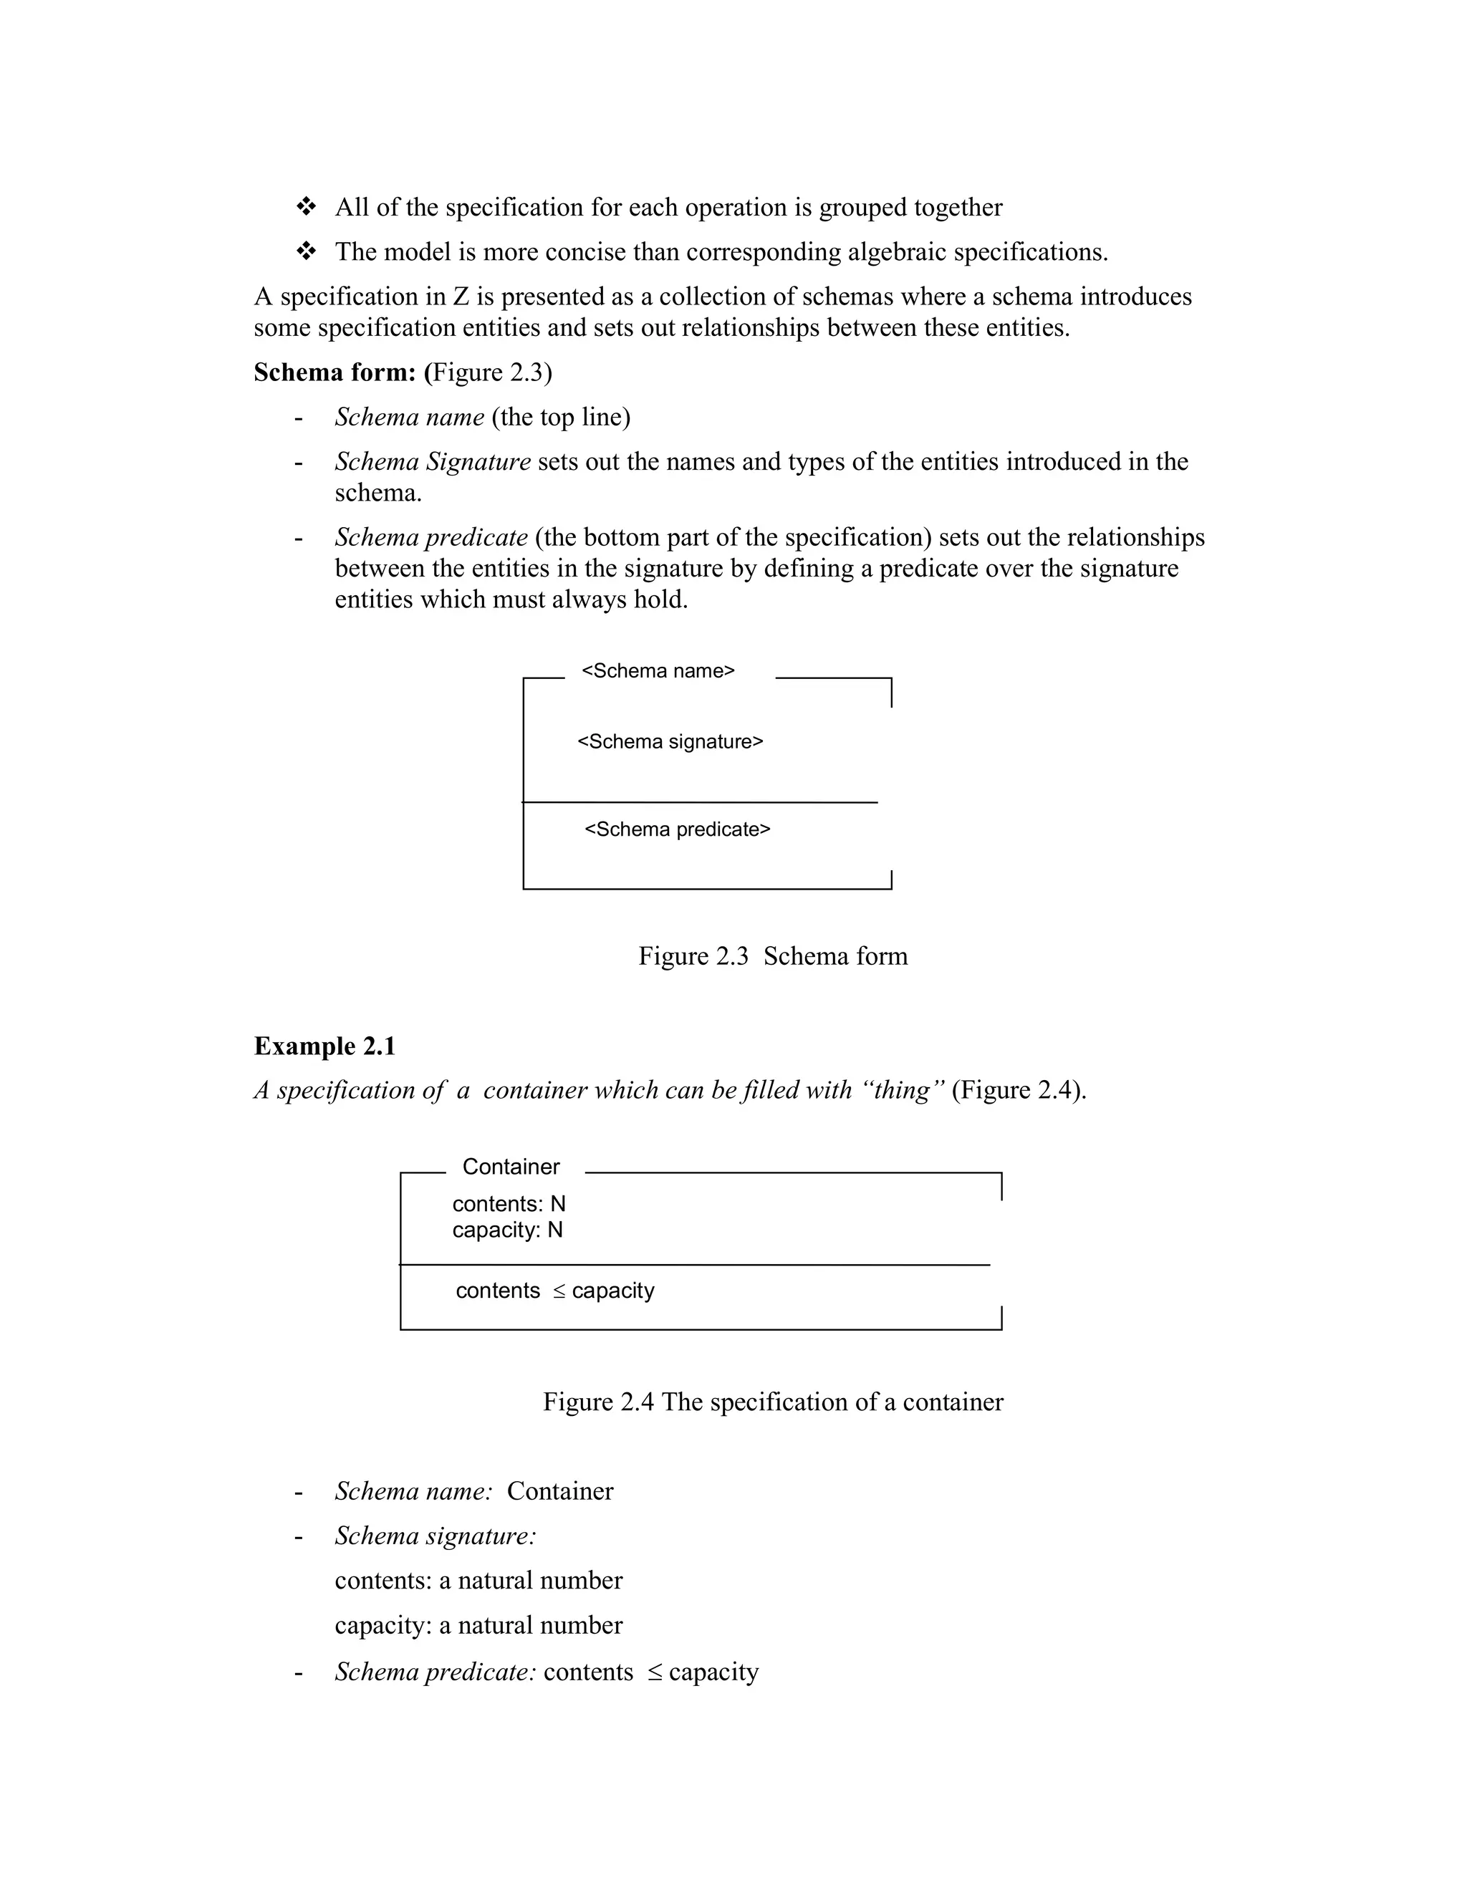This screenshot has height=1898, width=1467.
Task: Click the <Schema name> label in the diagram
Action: (658, 671)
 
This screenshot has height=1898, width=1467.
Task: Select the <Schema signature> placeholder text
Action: (670, 741)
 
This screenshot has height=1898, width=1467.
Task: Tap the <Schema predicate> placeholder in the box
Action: (677, 829)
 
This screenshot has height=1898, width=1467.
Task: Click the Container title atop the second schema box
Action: (511, 1166)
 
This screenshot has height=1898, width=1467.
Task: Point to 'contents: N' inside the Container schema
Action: (509, 1204)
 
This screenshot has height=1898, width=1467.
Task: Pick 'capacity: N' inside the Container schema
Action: (508, 1230)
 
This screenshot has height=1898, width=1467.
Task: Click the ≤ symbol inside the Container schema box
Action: (559, 1291)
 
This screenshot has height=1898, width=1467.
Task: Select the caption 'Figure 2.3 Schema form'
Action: (773, 956)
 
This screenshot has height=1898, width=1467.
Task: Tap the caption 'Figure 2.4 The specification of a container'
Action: (773, 1402)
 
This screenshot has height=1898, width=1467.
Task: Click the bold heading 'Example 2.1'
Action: (324, 1046)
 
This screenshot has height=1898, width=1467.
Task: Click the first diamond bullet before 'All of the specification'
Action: (306, 207)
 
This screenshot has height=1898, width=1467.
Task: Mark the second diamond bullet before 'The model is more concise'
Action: (306, 252)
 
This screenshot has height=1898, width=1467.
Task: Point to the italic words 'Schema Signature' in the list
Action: (433, 461)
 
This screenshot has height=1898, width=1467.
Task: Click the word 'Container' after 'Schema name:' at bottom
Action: (559, 1491)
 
